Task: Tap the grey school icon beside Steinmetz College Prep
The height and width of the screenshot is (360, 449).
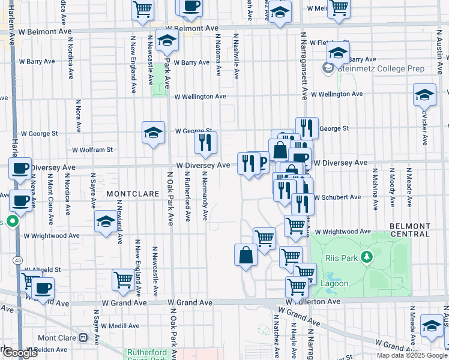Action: (x=328, y=69)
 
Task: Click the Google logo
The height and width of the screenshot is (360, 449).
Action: (x=20, y=353)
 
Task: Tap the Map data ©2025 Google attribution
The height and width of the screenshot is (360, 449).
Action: (x=411, y=355)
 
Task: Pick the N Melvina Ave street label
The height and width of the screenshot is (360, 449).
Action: (x=376, y=190)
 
